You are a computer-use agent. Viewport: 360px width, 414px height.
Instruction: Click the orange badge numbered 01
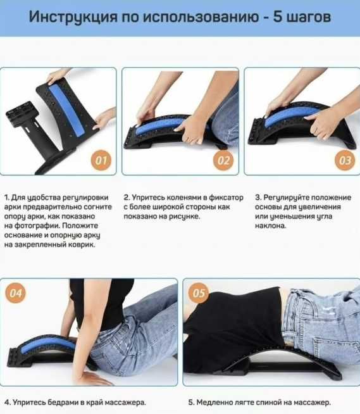101,160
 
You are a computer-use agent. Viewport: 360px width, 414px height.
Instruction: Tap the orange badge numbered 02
223,160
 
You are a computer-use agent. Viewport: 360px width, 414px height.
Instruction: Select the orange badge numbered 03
345,160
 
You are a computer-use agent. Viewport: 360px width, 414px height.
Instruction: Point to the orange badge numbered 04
16,293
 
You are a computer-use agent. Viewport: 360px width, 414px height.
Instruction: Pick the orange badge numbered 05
199,293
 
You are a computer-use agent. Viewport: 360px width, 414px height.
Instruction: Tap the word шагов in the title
309,18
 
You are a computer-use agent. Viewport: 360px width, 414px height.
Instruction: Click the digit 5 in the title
277,16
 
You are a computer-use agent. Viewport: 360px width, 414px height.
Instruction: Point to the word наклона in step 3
271,226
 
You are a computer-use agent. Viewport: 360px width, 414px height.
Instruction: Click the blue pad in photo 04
49,344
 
